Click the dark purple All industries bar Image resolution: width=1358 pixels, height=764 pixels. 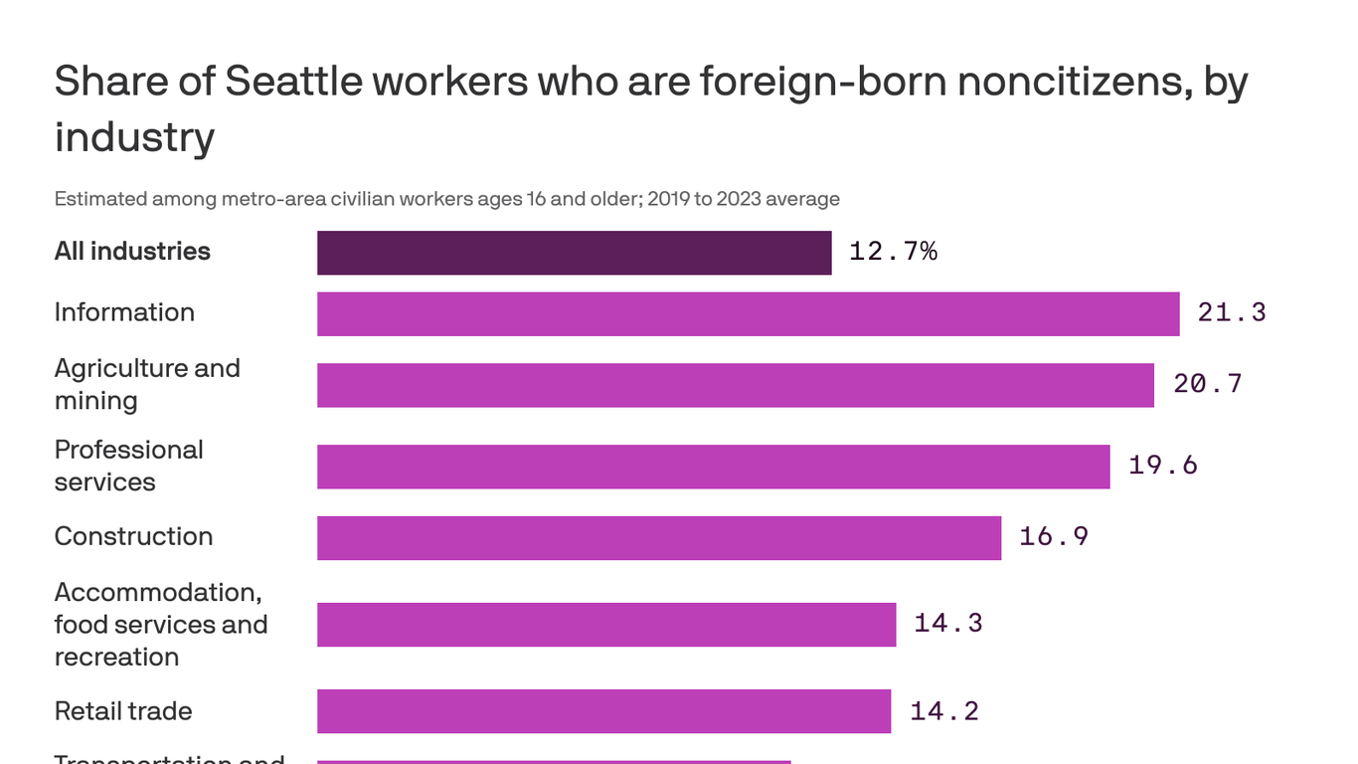tap(574, 253)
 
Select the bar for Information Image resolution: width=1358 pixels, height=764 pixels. tap(748, 313)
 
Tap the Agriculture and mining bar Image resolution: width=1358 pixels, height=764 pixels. tap(735, 385)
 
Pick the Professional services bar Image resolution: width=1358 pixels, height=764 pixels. tap(713, 467)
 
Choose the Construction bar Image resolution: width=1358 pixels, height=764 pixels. tap(658, 537)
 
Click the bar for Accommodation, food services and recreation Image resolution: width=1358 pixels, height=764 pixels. tap(605, 625)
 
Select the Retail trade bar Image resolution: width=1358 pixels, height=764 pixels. tap(603, 711)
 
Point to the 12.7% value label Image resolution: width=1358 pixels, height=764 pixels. tap(893, 252)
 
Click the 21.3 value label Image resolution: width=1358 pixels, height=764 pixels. tap(1232, 313)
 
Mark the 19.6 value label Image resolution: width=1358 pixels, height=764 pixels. tap(1163, 466)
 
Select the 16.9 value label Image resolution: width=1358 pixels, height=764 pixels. tap(1054, 537)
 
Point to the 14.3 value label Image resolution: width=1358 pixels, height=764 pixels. tap(948, 624)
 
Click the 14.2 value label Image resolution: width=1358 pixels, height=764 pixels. tap(944, 711)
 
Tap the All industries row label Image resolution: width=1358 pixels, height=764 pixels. tap(132, 252)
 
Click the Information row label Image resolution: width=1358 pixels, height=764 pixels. tap(124, 312)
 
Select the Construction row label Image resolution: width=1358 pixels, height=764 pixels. tap(133, 536)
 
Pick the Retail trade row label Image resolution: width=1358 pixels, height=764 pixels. tap(123, 711)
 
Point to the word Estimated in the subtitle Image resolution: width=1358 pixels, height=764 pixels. tap(99, 199)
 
